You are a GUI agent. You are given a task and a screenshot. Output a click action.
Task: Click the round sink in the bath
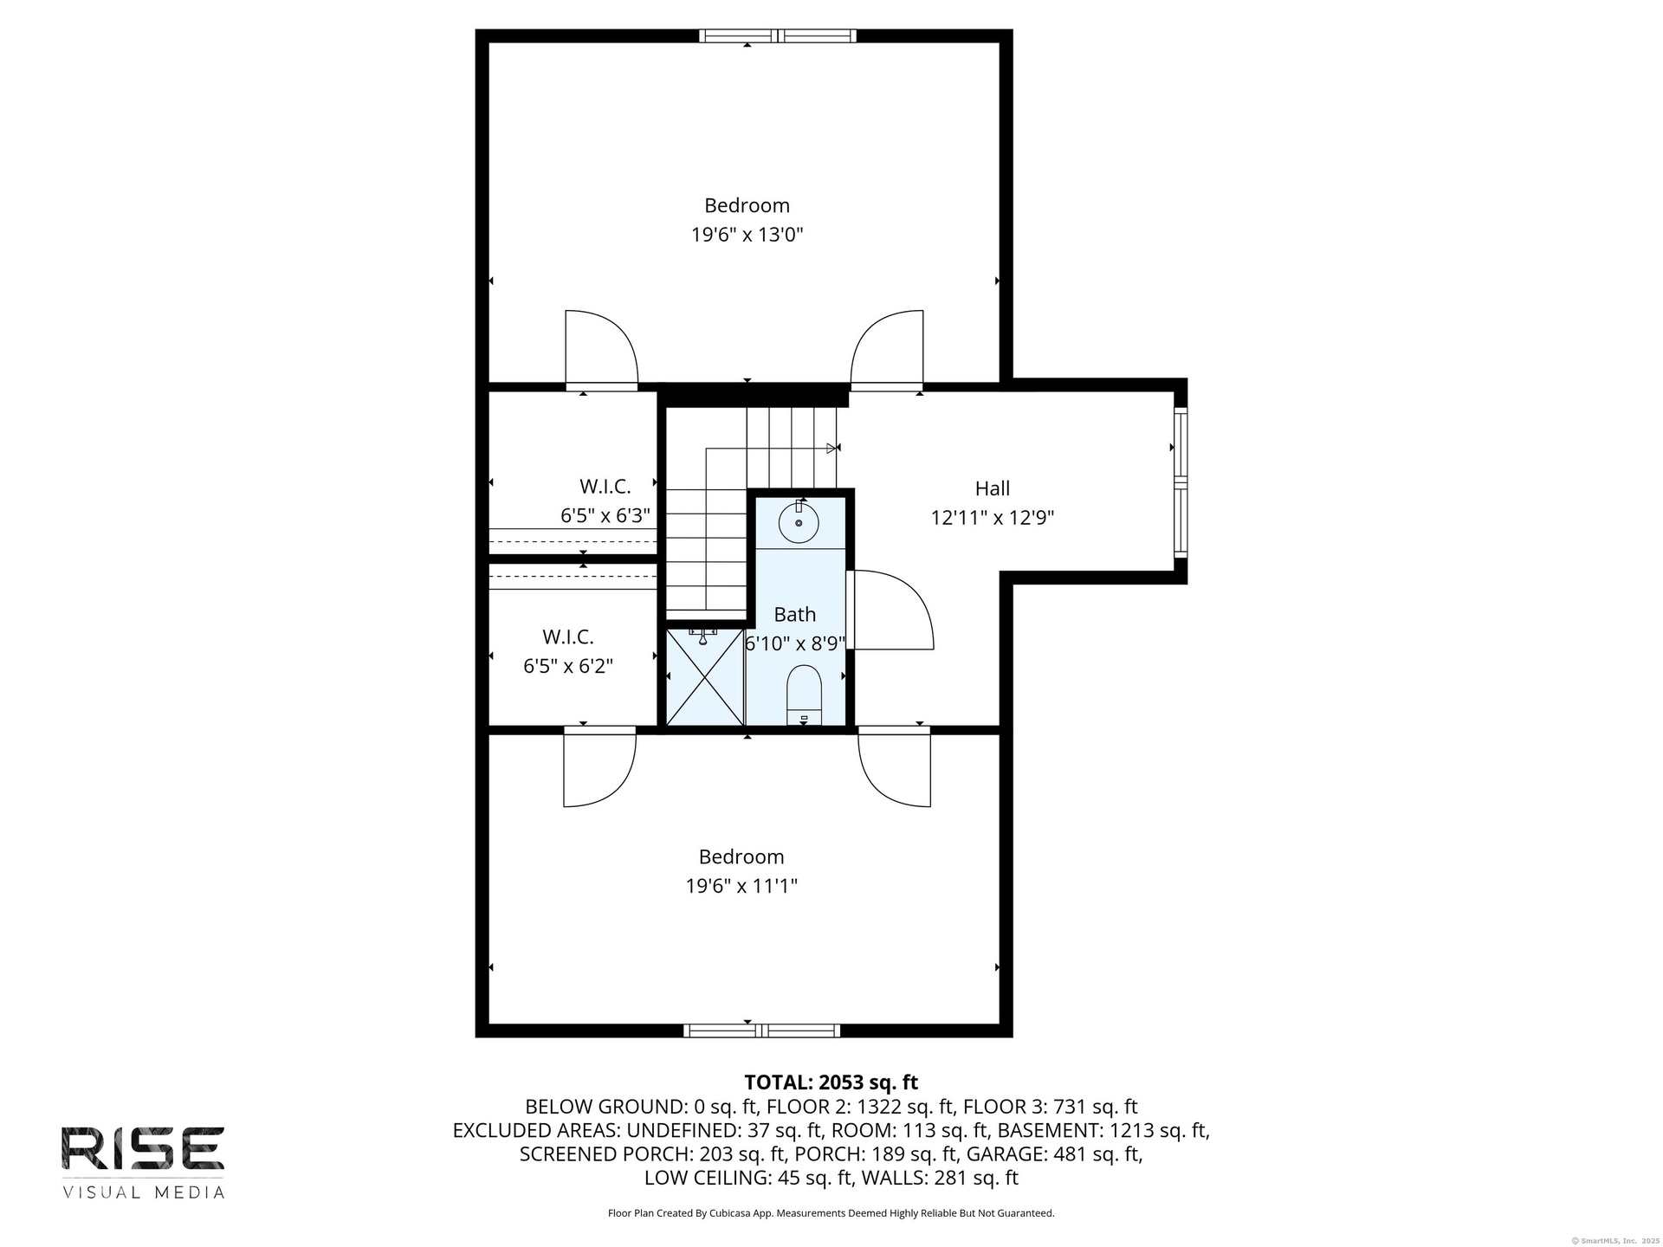point(799,522)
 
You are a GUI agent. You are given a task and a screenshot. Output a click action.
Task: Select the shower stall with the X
point(704,677)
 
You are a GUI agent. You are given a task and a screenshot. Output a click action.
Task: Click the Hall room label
point(993,488)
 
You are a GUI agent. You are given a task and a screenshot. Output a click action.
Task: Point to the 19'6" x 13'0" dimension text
point(747,235)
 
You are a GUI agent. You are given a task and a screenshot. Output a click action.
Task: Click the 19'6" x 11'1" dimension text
point(741,886)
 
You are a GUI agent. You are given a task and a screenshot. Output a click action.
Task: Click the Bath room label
point(795,615)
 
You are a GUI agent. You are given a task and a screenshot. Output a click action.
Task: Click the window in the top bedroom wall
point(778,36)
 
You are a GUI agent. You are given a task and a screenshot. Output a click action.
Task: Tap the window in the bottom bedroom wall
point(761,1031)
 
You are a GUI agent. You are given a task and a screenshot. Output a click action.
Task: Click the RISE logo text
point(143,1149)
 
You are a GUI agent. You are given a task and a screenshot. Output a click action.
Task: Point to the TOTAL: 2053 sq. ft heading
point(831,1082)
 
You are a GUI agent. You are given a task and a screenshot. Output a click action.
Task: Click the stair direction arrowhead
point(834,448)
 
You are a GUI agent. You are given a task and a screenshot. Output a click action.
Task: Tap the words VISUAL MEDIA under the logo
point(143,1192)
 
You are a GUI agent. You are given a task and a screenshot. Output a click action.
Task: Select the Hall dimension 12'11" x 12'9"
point(993,518)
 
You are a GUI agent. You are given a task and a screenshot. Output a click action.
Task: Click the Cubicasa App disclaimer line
point(831,1213)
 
